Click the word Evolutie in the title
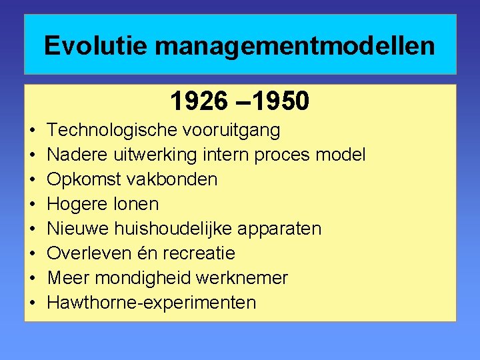(x=95, y=46)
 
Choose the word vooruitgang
(x=234, y=130)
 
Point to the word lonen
(x=136, y=204)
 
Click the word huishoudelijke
(x=179, y=229)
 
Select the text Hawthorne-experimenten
(x=151, y=303)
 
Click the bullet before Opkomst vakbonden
(x=33, y=179)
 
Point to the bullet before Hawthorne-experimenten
(x=33, y=303)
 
